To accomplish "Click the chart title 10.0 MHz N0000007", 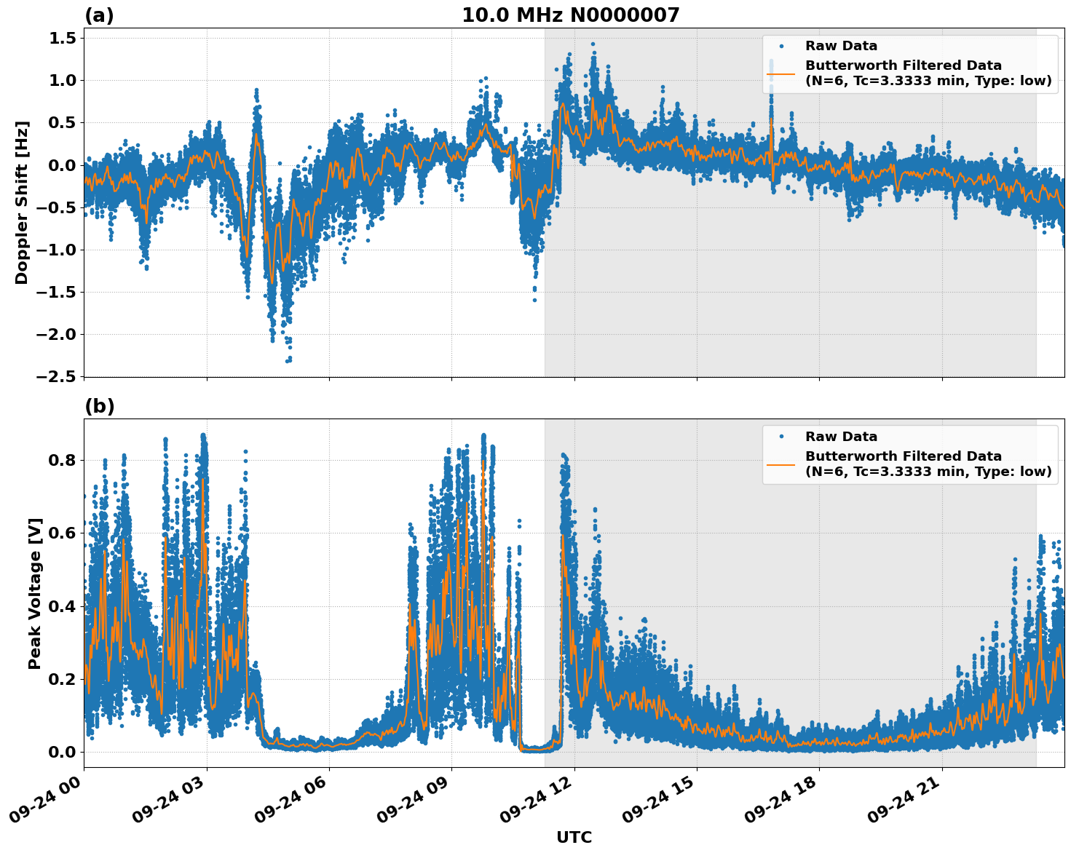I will pos(570,15).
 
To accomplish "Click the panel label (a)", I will pos(99,15).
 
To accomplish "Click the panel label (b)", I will pos(99,406).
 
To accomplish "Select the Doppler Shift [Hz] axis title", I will pos(22,202).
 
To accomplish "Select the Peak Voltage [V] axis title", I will pos(35,593).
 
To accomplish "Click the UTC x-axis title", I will pos(574,837).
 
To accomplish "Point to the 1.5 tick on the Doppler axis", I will pos(62,38).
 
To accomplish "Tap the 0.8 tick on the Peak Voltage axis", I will pos(62,460).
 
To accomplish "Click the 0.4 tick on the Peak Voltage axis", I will pos(62,606).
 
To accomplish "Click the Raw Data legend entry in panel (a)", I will pos(841,46).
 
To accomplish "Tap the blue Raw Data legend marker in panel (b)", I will pos(781,437).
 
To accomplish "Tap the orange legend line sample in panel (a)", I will pos(781,74).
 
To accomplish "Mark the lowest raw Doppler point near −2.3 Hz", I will pos(288,360).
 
